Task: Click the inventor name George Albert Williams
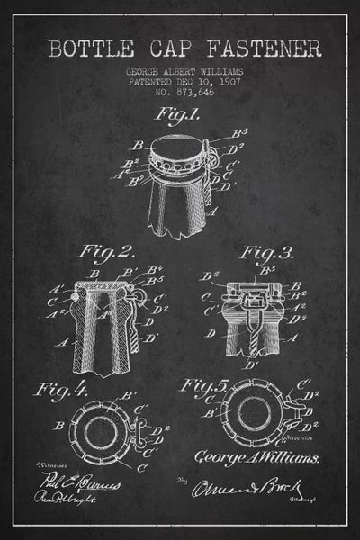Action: (x=180, y=69)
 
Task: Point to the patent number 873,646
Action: (x=180, y=92)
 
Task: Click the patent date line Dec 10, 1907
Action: (x=180, y=80)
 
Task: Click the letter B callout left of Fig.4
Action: (x=58, y=423)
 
